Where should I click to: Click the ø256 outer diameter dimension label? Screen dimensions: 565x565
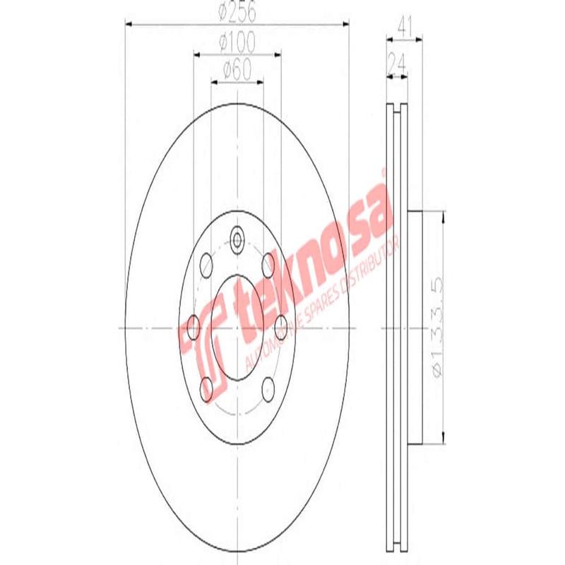[237, 13]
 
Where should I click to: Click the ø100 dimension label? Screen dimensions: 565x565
[237, 43]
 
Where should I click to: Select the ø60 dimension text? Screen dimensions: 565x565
[237, 71]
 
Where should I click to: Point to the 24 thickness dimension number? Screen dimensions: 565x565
[396, 64]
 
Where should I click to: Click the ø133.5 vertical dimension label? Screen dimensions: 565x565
[439, 328]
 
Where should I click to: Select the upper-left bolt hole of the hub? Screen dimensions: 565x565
[206, 266]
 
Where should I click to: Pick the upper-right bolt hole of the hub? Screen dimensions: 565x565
[268, 266]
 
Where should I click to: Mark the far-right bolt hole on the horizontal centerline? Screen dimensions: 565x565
[281, 326]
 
